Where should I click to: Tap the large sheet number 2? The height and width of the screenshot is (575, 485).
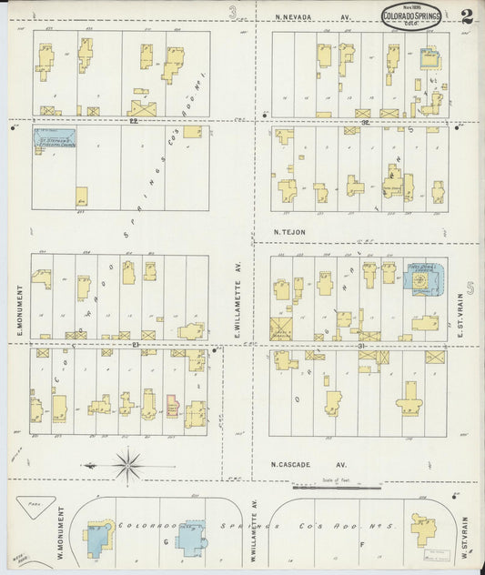pos(467,15)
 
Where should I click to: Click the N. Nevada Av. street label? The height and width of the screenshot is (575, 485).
pos(314,16)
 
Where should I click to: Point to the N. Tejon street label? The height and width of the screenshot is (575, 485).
pos(290,232)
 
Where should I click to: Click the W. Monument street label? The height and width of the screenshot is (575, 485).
pos(20,537)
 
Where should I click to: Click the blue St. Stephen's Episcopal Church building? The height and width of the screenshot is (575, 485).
pos(55,138)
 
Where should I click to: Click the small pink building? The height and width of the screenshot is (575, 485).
pos(171,405)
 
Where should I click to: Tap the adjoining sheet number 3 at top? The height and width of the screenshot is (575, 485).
pos(233,12)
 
